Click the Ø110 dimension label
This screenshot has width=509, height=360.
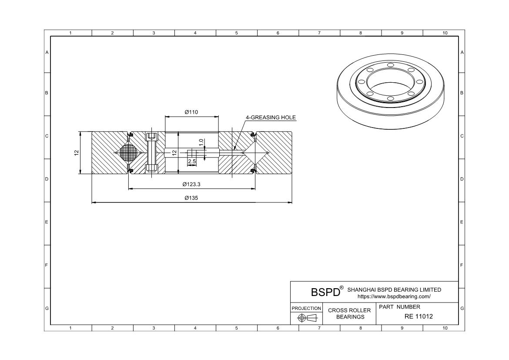tap(191, 112)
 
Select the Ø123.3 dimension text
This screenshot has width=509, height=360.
tap(191, 184)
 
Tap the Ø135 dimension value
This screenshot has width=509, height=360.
tap(191, 198)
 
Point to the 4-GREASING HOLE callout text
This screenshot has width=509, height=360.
tap(271, 118)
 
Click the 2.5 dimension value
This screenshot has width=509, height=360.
tap(192, 161)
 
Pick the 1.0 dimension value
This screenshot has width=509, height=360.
tap(201, 142)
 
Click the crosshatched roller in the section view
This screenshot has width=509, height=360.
tap(128, 152)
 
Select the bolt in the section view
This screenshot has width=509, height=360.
tap(151, 152)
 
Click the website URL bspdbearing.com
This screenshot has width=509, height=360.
tap(394, 296)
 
